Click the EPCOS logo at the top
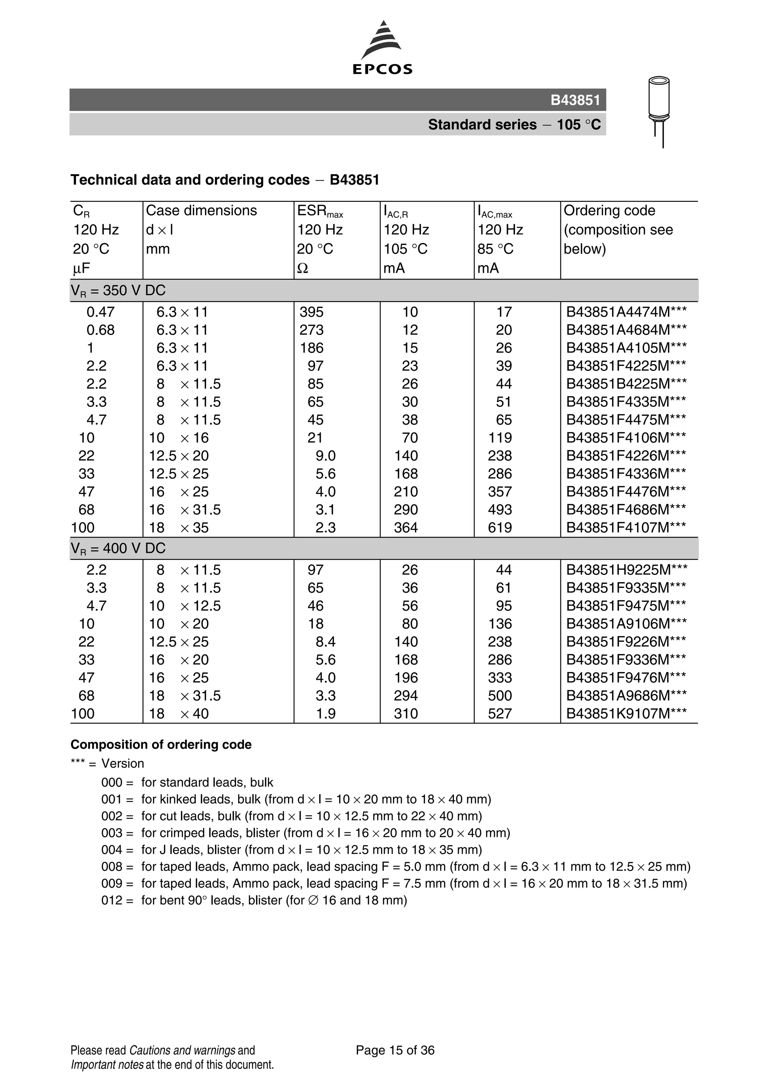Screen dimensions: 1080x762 (382, 48)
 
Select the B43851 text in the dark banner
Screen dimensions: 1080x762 (575, 100)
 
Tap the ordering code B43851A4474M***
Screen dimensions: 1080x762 (626, 312)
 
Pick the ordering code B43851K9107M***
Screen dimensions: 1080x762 (626, 714)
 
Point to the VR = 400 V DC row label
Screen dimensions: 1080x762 (118, 548)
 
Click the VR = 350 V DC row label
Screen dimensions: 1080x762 (118, 291)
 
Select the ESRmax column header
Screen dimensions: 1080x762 (320, 211)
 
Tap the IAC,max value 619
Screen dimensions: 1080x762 (499, 528)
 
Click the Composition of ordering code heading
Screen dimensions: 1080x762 (161, 745)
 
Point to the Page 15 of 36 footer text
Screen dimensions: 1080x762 (395, 1050)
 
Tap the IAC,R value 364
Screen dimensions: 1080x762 (406, 528)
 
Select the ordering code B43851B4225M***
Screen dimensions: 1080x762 (626, 384)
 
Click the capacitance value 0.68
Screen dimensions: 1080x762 (100, 330)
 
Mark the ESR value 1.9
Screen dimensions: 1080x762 (325, 714)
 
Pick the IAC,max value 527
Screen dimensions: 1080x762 (499, 714)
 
